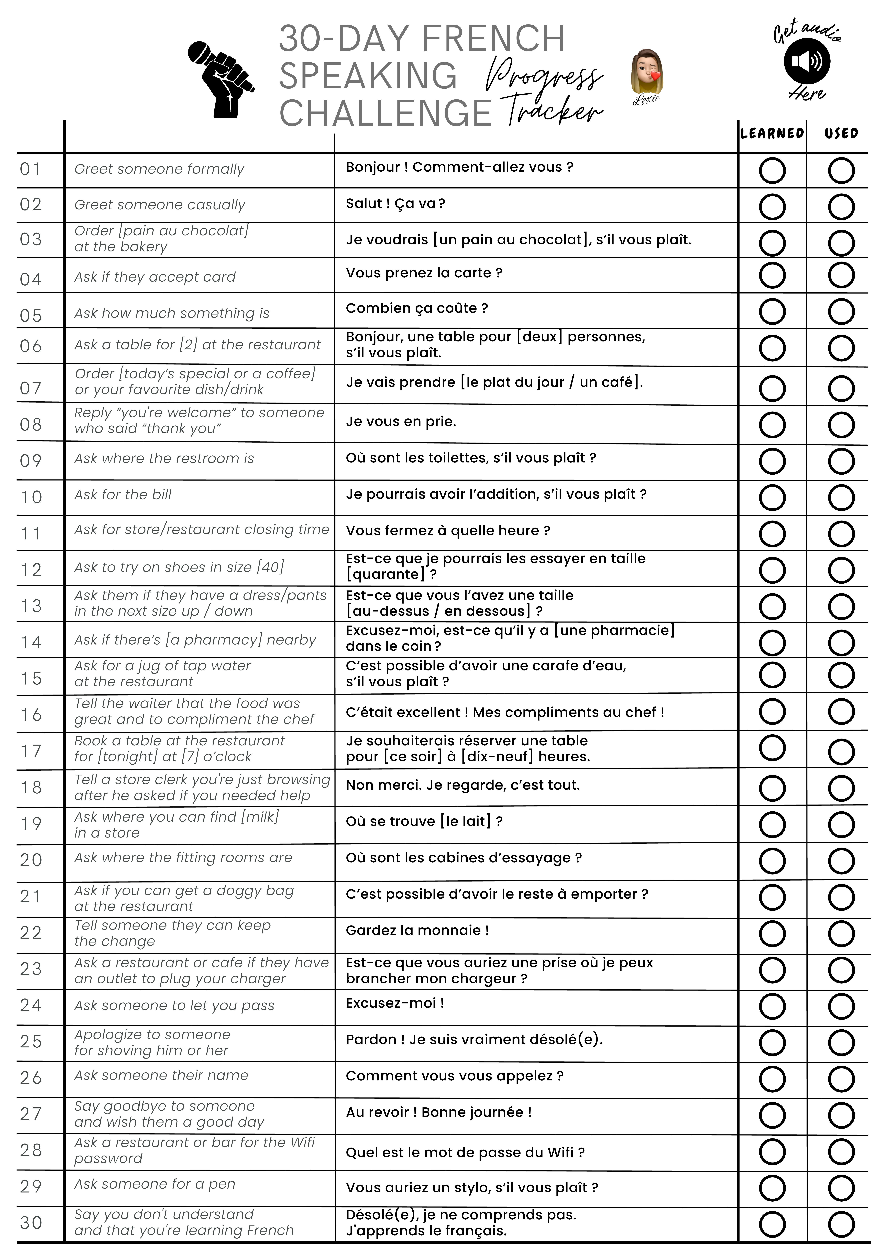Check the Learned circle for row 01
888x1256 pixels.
click(x=772, y=171)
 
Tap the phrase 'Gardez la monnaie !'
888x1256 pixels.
click(x=417, y=930)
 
